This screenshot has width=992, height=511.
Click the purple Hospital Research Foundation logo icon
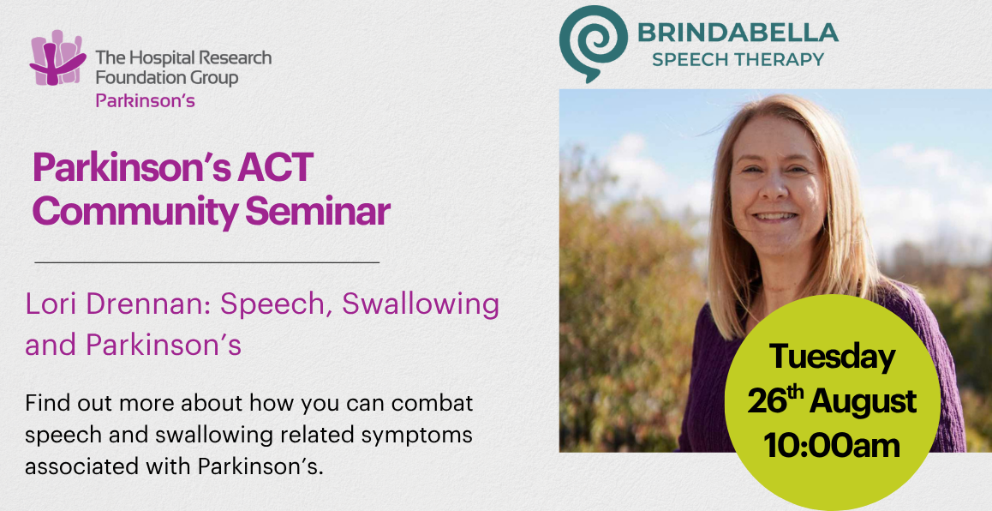[x=57, y=57]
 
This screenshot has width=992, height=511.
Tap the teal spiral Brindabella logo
[x=592, y=43]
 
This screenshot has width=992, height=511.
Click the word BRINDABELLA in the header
[x=738, y=33]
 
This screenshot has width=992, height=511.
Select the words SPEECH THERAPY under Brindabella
[x=738, y=60]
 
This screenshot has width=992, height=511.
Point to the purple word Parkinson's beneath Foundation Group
[x=145, y=100]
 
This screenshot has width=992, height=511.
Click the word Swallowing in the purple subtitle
[x=421, y=306]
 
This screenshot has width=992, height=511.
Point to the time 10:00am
[x=831, y=445]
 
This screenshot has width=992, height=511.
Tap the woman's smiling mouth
[x=775, y=217]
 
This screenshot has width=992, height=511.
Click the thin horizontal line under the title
[x=206, y=262]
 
